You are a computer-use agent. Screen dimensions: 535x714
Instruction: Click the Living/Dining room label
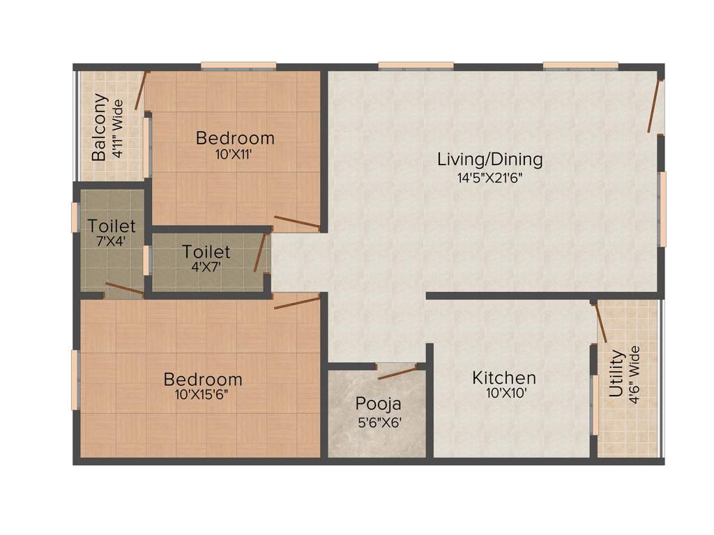[489, 159]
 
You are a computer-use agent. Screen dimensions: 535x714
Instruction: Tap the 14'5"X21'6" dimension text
[489, 178]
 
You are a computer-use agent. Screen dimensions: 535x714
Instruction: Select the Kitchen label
[504, 378]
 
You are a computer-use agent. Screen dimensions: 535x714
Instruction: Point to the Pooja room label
[378, 404]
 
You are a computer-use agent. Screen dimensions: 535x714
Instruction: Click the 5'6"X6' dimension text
[378, 422]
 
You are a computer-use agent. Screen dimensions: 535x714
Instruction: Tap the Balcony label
[100, 127]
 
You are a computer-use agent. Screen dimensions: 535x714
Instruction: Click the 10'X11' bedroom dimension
[234, 155]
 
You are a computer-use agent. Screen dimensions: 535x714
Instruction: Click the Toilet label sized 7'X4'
[112, 227]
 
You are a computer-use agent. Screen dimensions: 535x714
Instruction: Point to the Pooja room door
[397, 371]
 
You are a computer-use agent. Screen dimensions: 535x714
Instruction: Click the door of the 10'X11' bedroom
[297, 223]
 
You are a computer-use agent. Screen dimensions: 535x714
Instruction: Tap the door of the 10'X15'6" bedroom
[297, 302]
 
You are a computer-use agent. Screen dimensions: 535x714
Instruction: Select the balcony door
[142, 90]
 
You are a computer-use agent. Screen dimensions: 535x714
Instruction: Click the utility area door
[600, 322]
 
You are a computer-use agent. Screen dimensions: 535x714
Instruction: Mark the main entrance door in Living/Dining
[654, 106]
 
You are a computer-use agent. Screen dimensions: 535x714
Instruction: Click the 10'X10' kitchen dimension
[504, 393]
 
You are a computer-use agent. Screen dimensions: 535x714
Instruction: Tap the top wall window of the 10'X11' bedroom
[238, 66]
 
